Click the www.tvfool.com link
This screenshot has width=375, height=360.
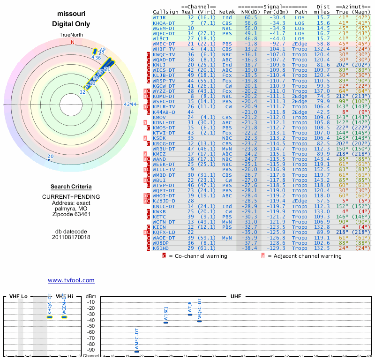coord(71,280)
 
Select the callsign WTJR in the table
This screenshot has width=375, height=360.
coord(159,17)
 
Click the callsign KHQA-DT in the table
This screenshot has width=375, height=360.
coord(164,22)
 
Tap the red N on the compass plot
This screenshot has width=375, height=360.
coord(72,42)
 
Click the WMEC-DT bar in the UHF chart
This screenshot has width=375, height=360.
coord(137,351)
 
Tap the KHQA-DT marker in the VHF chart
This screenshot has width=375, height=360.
coord(49,317)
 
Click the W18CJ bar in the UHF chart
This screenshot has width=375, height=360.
coord(165,322)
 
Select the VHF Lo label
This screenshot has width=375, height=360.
coord(18,297)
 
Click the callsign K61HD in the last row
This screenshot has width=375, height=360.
coord(161,247)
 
